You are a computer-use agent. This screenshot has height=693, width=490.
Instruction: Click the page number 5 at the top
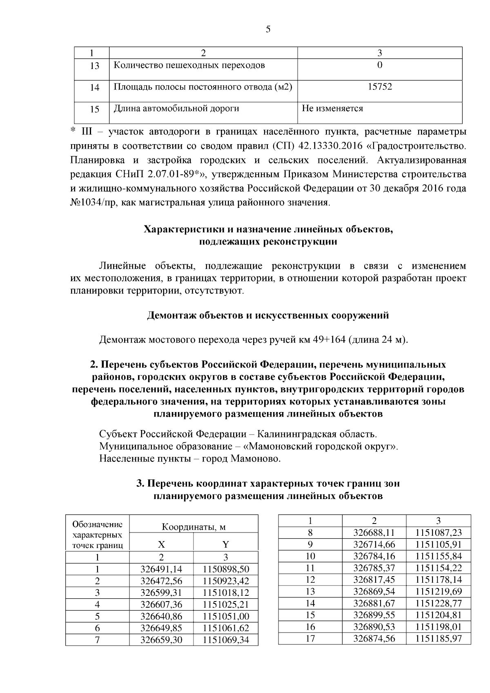[268, 29]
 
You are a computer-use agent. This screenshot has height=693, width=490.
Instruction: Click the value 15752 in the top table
[380, 87]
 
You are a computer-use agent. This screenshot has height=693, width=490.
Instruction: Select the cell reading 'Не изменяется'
[332, 109]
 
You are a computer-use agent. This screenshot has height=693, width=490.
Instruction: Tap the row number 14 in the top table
[94, 87]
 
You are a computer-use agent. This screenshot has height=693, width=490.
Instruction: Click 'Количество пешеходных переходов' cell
[189, 65]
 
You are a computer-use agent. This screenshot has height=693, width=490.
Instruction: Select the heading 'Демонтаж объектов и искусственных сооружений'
[268, 315]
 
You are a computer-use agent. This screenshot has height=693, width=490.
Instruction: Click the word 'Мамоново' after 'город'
[256, 459]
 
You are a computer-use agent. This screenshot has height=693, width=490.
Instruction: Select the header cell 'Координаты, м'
[194, 527]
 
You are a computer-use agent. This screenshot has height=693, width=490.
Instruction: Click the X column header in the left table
[161, 545]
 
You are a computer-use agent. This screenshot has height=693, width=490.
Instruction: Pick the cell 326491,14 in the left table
[161, 570]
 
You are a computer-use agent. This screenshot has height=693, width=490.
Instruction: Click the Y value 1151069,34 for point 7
[226, 640]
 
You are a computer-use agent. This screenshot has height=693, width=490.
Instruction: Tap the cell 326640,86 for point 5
[161, 617]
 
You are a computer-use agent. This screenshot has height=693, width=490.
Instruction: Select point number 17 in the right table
[310, 638]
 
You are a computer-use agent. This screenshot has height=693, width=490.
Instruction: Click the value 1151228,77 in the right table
[439, 603]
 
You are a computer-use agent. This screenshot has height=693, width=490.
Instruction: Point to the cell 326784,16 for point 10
[374, 556]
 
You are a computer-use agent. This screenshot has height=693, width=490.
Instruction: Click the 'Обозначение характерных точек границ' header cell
[97, 535]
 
